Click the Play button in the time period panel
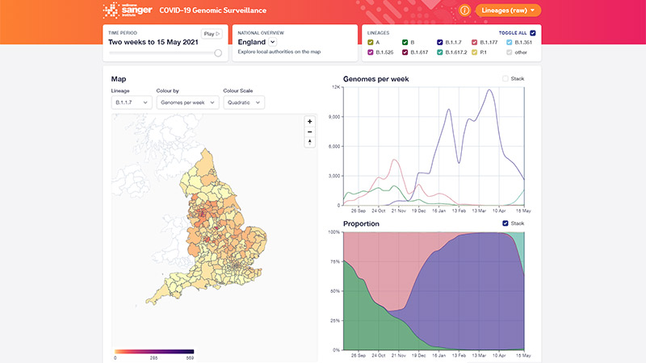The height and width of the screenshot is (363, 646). tap(211, 34)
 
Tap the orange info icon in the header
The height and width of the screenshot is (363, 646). tap(464, 10)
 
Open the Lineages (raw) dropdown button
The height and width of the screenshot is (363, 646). tap(508, 10)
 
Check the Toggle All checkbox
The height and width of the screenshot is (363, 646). tap(532, 33)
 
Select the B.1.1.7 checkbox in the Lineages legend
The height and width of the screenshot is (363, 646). tap(439, 42)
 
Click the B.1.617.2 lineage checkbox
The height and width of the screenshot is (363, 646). tap(439, 52)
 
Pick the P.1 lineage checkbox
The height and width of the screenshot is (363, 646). tap(474, 52)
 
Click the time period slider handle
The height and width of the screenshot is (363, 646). tap(218, 52)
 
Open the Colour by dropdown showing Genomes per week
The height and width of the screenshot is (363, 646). tap(187, 102)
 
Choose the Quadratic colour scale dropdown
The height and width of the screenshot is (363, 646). tap(244, 102)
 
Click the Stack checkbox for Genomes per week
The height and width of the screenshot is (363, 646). tap(505, 79)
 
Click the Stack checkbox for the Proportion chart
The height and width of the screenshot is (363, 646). tap(505, 223)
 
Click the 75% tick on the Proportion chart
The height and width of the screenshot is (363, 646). tap(333, 261)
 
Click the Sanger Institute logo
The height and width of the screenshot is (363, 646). tap(122, 11)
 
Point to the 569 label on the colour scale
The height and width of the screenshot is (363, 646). tap(190, 357)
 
